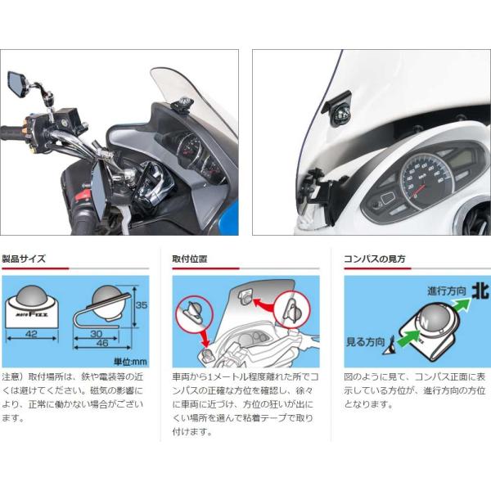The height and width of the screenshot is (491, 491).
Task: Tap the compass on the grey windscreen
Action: [183, 104]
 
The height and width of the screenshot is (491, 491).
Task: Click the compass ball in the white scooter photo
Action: [341, 114]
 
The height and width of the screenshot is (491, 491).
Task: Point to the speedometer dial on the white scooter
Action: [426, 180]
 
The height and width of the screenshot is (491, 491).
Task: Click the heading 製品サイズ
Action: [24, 259]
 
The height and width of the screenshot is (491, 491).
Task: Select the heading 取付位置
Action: [190, 259]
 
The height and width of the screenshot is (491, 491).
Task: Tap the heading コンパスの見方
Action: [375, 259]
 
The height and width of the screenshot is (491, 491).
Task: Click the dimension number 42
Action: [31, 334]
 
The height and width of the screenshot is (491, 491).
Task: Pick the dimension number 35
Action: [142, 305]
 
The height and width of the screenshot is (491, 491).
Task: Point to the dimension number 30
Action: [96, 334]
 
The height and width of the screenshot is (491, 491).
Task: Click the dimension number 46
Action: [102, 343]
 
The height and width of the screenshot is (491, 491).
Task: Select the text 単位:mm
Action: [130, 362]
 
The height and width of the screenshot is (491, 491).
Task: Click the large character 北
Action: [480, 291]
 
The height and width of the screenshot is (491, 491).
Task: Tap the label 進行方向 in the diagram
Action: [447, 291]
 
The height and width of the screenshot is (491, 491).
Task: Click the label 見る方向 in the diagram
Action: [365, 342]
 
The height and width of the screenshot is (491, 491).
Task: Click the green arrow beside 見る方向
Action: [408, 337]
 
